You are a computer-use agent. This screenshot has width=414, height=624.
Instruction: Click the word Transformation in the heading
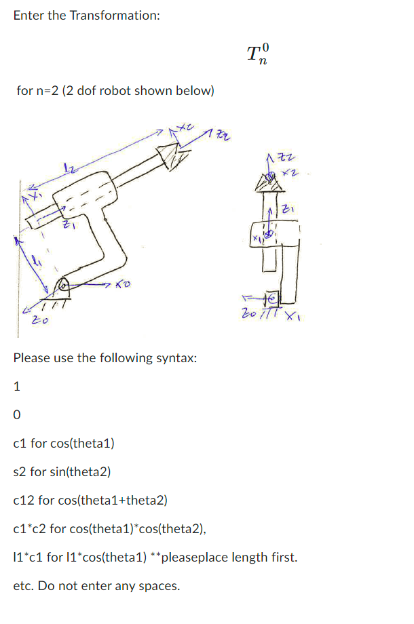click(x=114, y=15)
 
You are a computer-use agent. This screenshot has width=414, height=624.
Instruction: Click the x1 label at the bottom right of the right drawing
click(x=293, y=313)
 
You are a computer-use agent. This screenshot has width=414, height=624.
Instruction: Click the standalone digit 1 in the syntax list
click(x=17, y=387)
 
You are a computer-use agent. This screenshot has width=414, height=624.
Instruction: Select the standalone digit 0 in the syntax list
click(x=17, y=415)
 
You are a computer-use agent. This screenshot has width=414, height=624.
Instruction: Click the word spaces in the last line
click(x=162, y=586)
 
